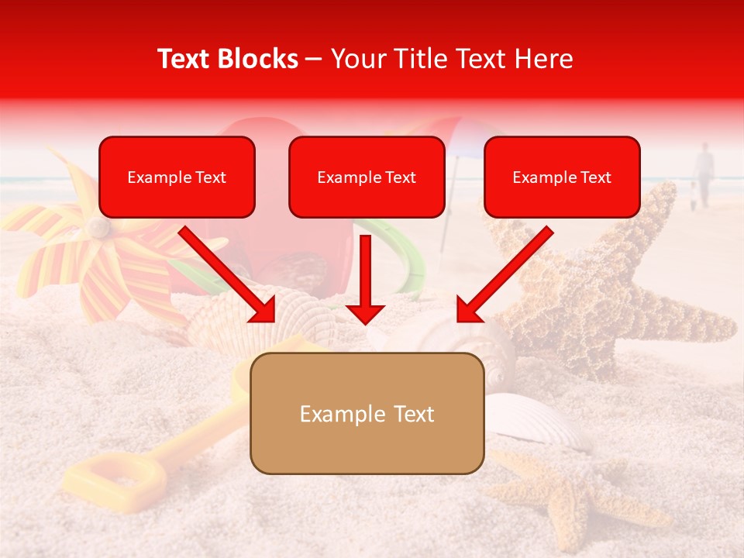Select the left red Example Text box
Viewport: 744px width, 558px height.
tap(177, 177)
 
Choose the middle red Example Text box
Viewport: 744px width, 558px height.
tap(367, 177)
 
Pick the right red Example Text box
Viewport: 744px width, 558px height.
tap(562, 177)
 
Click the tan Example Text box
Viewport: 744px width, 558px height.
tap(367, 414)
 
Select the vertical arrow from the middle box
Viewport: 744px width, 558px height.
tap(365, 279)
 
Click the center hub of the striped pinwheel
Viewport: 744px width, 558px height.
tap(98, 227)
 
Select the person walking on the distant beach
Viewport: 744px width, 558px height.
tap(704, 174)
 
